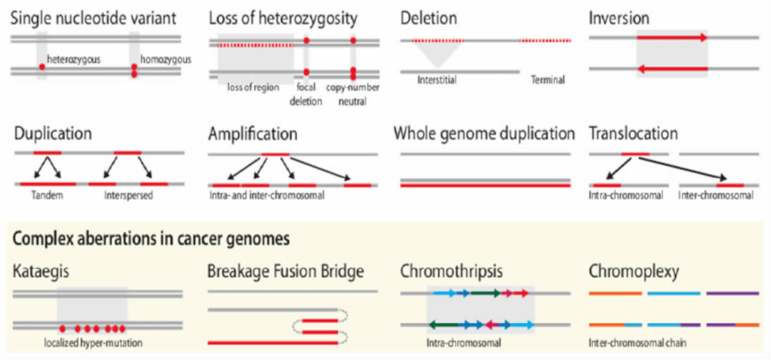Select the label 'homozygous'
(x=166, y=59)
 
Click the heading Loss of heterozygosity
(x=283, y=17)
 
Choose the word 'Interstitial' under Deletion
(x=437, y=80)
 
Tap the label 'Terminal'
(x=548, y=80)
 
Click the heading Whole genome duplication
(x=484, y=134)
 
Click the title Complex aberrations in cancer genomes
(x=150, y=239)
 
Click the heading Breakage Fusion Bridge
(x=286, y=271)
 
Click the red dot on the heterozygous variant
(x=42, y=66)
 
